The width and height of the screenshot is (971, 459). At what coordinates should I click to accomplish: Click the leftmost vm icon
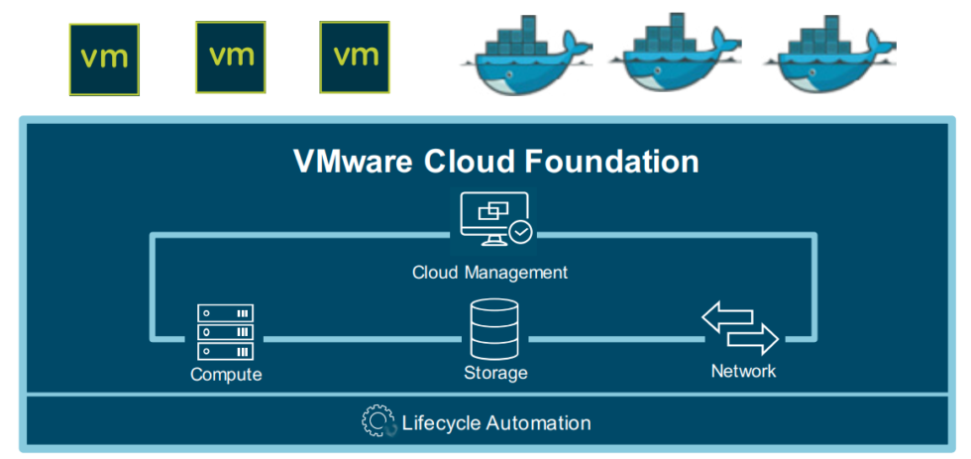click(x=104, y=57)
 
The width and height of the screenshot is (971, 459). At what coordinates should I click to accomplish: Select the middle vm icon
click(x=231, y=56)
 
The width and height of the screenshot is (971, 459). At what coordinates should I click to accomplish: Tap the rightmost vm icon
click(x=355, y=55)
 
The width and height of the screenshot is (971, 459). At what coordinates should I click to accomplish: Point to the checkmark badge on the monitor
click(x=520, y=233)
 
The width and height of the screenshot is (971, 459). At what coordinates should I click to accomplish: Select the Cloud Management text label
click(x=490, y=272)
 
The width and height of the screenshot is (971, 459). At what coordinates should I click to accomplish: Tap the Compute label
click(x=226, y=375)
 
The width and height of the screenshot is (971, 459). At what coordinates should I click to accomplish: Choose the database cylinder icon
click(x=494, y=330)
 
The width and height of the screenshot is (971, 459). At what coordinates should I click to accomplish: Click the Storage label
click(x=495, y=374)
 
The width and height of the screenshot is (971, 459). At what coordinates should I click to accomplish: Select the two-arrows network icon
click(x=740, y=328)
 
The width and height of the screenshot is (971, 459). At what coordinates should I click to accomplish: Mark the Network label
click(x=743, y=372)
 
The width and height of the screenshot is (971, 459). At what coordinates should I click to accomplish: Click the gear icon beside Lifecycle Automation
click(x=378, y=422)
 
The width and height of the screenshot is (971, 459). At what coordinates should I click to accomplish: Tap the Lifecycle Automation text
click(x=495, y=423)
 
